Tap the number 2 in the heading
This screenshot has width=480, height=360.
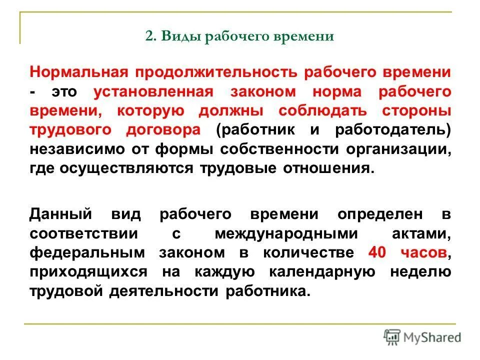click(x=148, y=37)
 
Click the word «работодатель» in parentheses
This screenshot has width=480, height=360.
click(x=393, y=129)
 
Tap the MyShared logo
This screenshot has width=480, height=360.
click(x=422, y=336)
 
